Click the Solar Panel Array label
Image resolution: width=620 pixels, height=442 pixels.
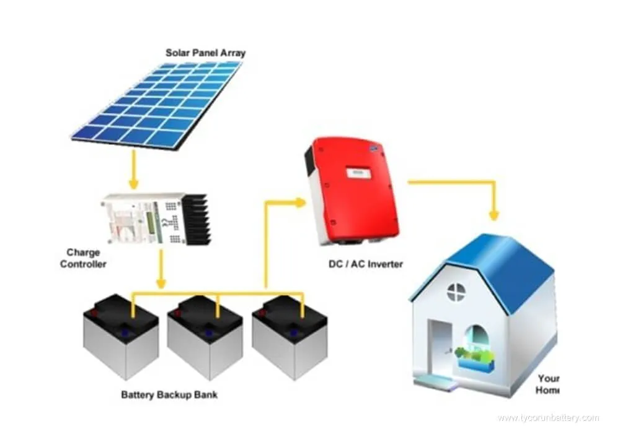205,53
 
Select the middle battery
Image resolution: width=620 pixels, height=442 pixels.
205,337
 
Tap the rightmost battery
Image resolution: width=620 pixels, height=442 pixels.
290,337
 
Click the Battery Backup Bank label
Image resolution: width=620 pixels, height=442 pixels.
169,394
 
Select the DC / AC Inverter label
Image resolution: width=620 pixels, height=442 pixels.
365,264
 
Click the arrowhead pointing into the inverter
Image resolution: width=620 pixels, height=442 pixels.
300,202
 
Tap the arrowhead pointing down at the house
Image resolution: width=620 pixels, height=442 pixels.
494,214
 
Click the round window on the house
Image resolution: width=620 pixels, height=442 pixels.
456,292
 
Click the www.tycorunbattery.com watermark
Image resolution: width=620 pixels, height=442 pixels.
548,418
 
